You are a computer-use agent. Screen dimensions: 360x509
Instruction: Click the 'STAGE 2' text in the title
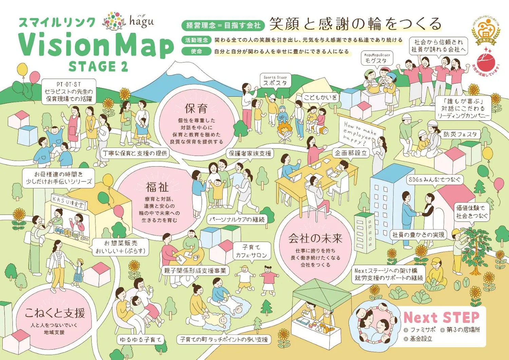tap(98, 66)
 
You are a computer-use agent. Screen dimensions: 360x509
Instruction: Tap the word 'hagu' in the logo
tap(142, 22)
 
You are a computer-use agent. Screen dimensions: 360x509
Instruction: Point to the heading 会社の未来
tap(315, 238)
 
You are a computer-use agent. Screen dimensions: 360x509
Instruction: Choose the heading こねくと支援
tap(55, 313)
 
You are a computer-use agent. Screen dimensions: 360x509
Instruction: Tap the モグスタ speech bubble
tap(377, 58)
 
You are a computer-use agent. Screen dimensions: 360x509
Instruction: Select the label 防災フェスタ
tap(460, 134)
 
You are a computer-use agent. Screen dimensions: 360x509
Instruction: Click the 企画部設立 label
tap(351, 153)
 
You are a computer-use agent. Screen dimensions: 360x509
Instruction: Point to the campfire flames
tap(284, 129)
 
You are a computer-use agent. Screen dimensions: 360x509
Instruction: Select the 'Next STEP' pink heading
tap(441, 318)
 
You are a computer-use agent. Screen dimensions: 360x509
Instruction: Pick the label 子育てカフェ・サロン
tap(251, 251)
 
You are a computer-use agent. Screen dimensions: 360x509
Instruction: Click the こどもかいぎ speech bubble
tap(320, 98)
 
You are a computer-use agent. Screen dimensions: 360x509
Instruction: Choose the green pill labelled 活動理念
tap(196, 40)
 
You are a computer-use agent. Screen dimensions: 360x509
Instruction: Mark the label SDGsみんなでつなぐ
tap(434, 180)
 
